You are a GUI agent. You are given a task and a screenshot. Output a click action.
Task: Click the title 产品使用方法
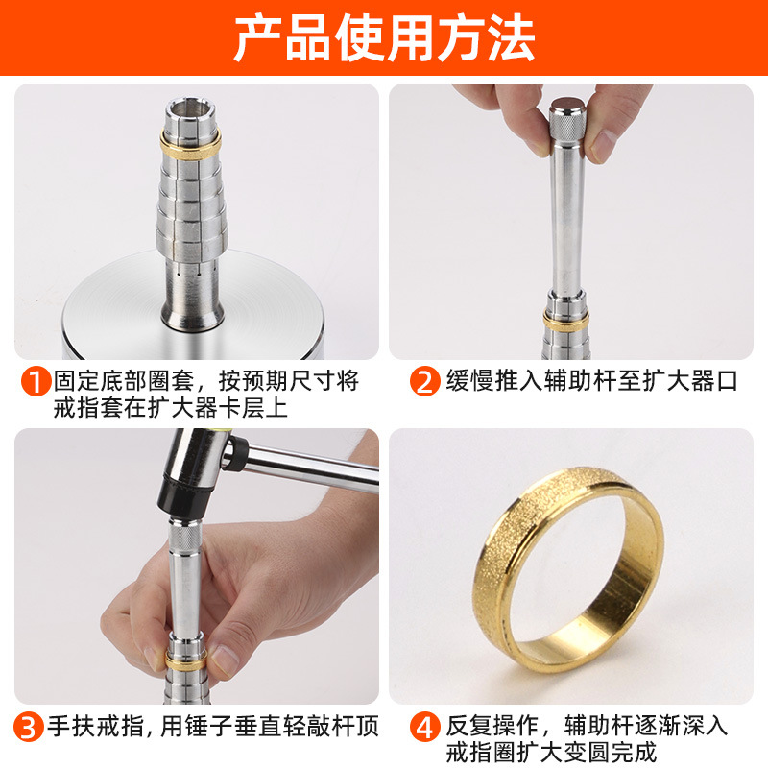point(384,37)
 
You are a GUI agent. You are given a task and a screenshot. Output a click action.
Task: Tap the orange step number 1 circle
point(36,381)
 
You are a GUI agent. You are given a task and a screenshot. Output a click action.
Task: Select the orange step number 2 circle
point(424,381)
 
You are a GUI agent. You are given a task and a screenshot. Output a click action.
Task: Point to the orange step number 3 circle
point(28,727)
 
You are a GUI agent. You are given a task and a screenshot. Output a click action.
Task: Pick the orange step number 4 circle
point(424,727)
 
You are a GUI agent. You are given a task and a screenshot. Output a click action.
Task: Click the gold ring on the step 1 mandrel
point(190,145)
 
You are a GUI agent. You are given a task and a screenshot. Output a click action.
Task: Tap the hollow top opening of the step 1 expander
point(190,107)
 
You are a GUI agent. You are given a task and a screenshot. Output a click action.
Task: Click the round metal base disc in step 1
point(194,303)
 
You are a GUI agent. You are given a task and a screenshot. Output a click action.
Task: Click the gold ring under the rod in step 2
point(565,321)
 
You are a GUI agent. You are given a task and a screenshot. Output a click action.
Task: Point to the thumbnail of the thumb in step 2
point(602,145)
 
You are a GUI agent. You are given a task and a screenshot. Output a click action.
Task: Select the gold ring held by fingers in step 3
point(186,660)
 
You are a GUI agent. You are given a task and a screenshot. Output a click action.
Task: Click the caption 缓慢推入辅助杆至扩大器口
point(591,381)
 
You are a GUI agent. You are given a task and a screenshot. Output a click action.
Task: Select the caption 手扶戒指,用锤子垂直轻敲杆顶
point(213,727)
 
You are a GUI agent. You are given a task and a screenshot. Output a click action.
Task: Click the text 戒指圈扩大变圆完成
point(551,753)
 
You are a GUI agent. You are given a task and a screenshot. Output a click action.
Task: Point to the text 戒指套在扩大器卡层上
point(170,408)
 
